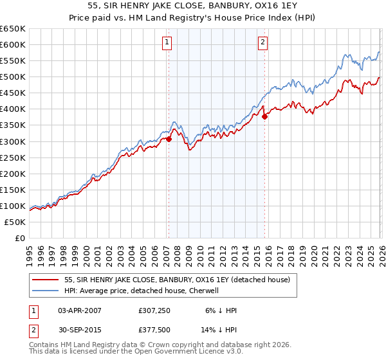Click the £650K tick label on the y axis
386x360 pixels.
[x=13, y=29]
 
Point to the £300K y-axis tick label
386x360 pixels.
[x=13, y=141]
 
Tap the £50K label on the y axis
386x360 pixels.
[x=15, y=222]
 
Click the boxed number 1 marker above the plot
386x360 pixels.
[x=167, y=43]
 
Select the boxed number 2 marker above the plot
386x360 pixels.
[x=264, y=43]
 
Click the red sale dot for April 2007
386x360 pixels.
[x=169, y=138]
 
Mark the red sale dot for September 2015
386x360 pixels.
[x=264, y=116]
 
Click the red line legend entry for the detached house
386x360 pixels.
[x=177, y=280]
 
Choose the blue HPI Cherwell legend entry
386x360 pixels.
[x=142, y=291]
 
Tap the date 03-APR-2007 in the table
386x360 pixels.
[x=79, y=310]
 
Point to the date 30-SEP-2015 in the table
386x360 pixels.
[x=79, y=330]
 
